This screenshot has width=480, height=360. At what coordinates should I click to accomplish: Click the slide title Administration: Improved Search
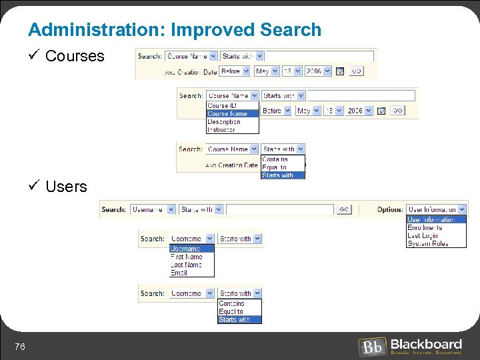(x=175, y=30)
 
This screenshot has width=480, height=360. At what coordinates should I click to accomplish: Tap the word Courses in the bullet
(x=75, y=56)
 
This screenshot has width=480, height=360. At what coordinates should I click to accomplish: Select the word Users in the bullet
(x=66, y=187)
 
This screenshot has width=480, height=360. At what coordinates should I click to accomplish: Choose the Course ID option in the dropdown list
(x=222, y=106)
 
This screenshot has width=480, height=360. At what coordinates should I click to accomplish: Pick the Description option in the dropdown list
(x=224, y=122)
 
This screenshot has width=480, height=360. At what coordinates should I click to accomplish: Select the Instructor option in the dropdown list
(x=221, y=130)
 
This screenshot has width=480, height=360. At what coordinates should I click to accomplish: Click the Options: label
(x=390, y=209)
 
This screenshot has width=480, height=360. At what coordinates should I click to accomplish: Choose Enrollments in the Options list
(x=425, y=228)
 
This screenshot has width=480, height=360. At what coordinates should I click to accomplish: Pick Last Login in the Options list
(x=423, y=236)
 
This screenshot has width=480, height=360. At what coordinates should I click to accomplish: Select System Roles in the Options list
(x=427, y=244)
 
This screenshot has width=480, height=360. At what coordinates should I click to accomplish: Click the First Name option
(x=186, y=257)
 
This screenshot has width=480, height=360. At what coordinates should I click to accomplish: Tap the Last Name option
(x=186, y=265)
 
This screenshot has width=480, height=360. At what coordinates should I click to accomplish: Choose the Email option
(x=179, y=273)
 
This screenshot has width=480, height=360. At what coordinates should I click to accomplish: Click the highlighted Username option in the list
(x=186, y=249)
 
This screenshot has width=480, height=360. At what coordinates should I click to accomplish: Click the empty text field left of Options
(x=279, y=209)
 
